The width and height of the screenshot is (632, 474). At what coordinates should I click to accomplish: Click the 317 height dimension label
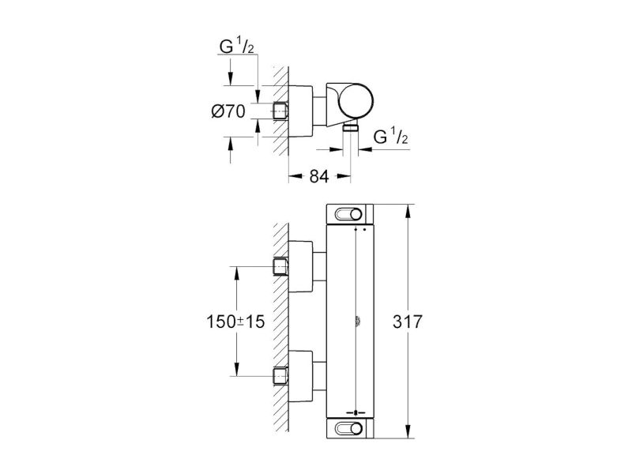pos(407,322)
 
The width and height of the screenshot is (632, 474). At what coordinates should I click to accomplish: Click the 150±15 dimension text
pos(235,322)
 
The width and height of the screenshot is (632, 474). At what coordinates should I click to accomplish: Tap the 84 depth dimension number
pos(319,176)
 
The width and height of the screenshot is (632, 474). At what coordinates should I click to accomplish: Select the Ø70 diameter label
pos(228,111)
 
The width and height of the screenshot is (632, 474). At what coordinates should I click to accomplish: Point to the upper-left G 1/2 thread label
pos(236,46)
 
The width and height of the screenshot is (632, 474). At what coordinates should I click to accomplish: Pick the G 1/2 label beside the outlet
pos(390,136)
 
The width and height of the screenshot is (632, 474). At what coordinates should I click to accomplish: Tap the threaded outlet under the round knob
pos(350,128)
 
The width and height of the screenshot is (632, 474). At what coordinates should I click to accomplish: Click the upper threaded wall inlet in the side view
pos(280,266)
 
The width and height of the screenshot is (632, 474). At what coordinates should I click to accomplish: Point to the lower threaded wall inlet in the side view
pos(280,376)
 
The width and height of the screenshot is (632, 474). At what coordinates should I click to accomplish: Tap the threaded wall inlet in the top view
pos(280,111)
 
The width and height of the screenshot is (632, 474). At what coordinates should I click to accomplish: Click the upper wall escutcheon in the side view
pos(301,266)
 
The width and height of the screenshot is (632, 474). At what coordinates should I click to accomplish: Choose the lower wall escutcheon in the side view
pos(301,376)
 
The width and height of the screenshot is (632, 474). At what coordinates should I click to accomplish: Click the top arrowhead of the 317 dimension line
pos(408,211)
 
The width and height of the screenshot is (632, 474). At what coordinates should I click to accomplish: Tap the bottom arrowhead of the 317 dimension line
pos(408,431)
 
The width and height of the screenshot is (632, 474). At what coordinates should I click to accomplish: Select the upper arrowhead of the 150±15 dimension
pos(236,273)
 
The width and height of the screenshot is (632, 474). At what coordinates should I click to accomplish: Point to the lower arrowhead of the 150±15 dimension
pos(236,369)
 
